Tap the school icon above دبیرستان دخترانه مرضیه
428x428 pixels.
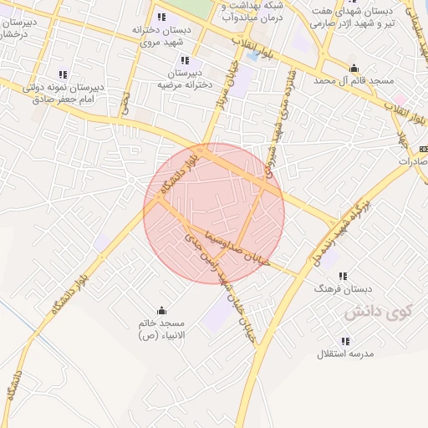pos(185,60)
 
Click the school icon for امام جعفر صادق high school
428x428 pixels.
pos(62,74)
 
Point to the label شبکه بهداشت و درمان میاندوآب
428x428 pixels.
pos(247,12)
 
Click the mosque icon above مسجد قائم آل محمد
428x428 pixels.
pos(354,69)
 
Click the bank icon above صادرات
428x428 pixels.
pos(419,149)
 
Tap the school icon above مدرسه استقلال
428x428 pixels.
pos(346,340)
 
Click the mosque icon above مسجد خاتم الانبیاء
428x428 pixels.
pos(161,309)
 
